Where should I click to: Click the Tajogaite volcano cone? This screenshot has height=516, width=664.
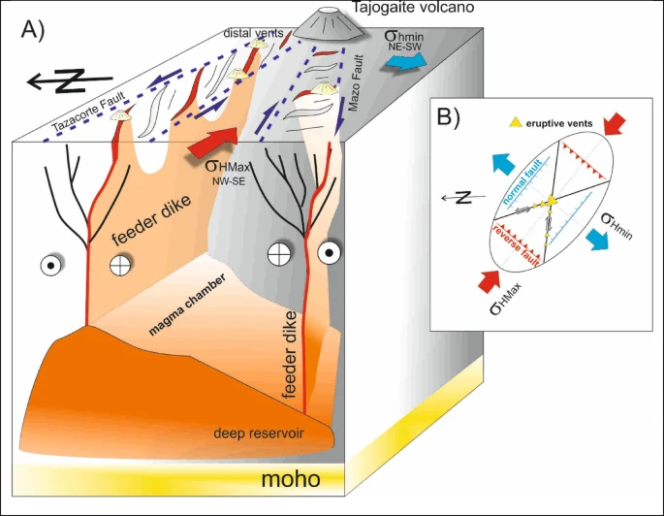(x=329, y=23)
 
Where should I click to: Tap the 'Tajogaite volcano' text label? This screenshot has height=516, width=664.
(x=413, y=7)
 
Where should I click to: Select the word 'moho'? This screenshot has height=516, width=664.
(x=291, y=479)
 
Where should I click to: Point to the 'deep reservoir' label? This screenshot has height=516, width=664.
(x=259, y=434)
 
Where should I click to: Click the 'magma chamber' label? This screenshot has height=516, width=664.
(x=187, y=305)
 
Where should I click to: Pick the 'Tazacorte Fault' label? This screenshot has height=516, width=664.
(x=88, y=112)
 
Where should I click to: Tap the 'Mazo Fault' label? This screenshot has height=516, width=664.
(x=356, y=82)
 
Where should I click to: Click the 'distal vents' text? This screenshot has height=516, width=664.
(x=253, y=33)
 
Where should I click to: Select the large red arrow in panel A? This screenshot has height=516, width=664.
(x=212, y=142)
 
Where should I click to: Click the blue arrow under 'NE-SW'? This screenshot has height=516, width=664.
(x=406, y=62)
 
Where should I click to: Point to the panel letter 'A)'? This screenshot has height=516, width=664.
(x=33, y=30)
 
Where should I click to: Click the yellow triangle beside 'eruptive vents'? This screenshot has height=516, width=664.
(x=516, y=123)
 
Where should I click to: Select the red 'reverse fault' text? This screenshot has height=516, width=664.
(x=516, y=245)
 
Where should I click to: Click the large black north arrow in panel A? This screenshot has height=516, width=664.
(x=70, y=81)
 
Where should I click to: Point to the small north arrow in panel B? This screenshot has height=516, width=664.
(x=462, y=197)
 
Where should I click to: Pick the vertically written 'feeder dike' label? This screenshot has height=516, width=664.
(x=289, y=354)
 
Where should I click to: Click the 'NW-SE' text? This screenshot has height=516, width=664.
(x=228, y=181)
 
